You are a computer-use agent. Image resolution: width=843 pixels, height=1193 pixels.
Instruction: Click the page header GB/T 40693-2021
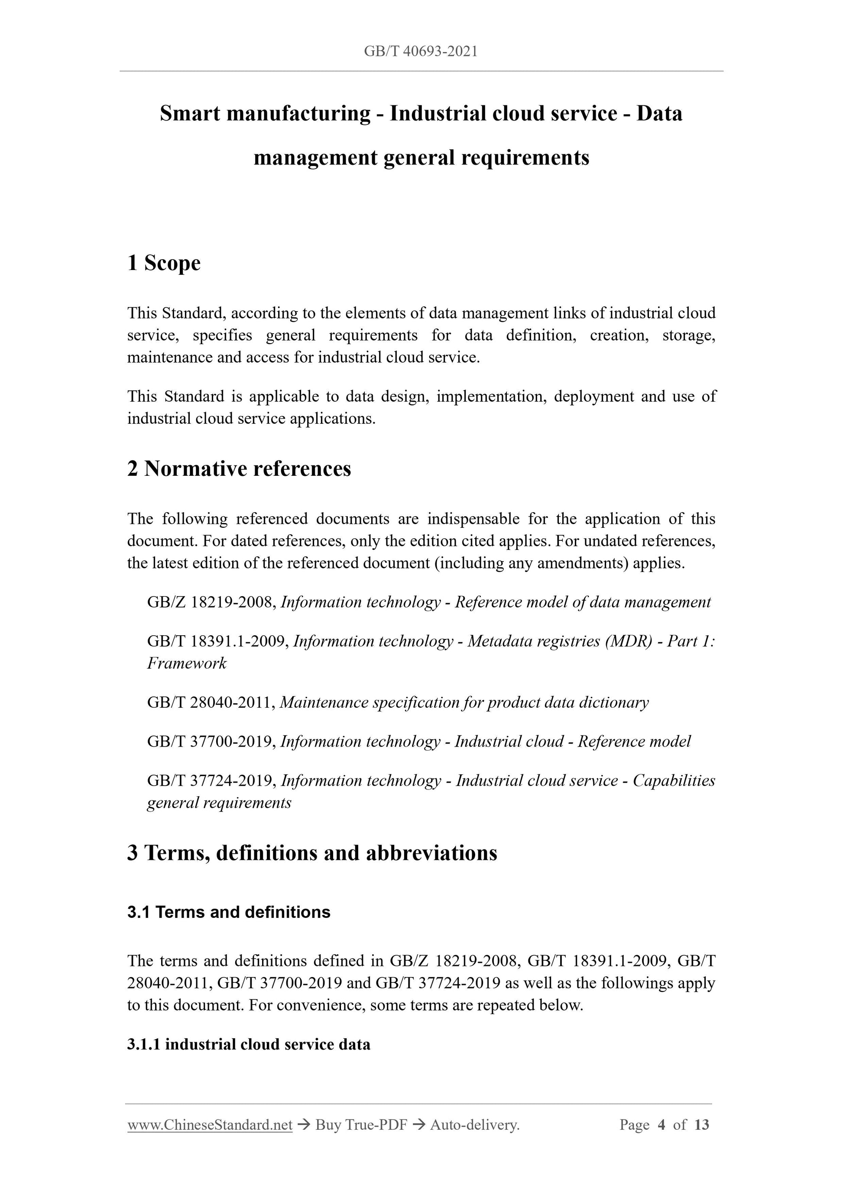(x=421, y=52)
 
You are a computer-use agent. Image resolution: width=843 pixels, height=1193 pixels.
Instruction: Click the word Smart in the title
(x=190, y=113)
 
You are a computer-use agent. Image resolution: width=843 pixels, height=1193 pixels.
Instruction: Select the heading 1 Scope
(x=164, y=263)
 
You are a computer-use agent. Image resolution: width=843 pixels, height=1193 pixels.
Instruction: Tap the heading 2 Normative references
(x=239, y=469)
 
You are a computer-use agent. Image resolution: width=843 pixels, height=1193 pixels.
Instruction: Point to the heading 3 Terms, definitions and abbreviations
(x=312, y=853)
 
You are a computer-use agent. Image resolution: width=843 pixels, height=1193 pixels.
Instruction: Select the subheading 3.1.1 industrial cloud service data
(x=249, y=1044)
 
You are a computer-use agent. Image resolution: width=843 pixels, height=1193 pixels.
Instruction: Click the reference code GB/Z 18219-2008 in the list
(x=211, y=602)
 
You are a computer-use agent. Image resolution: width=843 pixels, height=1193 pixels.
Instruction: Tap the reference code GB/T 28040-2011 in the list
(x=211, y=702)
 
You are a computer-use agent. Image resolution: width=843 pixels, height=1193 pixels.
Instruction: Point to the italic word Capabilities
(x=674, y=780)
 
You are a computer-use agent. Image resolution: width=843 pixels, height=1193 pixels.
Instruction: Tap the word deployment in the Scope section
(x=593, y=397)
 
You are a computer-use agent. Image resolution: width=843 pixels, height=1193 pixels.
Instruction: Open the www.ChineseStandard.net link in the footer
(x=210, y=1125)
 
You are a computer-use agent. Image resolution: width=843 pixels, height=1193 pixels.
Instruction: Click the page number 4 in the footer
(x=661, y=1125)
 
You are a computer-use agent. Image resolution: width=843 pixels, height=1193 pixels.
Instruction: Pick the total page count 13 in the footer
(x=701, y=1125)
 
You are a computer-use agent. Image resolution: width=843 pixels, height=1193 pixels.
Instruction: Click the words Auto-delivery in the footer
(x=475, y=1125)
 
